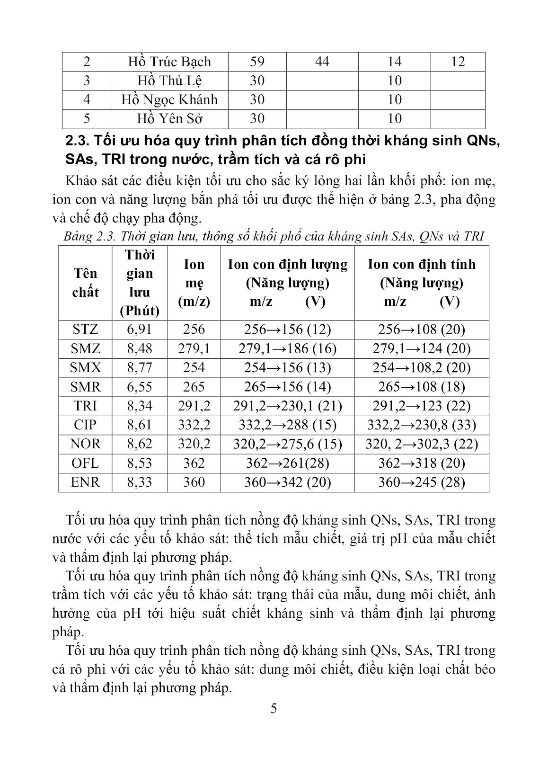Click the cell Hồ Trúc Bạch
tap(169, 62)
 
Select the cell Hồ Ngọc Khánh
tap(169, 99)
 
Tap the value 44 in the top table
tap(322, 62)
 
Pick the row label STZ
tap(85, 330)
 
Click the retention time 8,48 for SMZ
tap(140, 349)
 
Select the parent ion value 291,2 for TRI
tap(194, 406)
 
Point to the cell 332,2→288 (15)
tap(287, 425)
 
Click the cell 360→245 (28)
tap(421, 482)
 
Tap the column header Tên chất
tap(85, 283)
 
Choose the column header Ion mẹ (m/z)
tap(194, 283)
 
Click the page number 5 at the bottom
tap(274, 709)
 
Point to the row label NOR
tap(85, 444)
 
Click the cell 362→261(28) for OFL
tap(287, 463)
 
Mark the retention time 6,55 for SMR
tap(140, 387)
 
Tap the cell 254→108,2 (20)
tap(421, 368)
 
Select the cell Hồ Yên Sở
tap(169, 118)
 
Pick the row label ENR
tap(85, 482)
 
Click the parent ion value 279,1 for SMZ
tap(194, 349)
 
